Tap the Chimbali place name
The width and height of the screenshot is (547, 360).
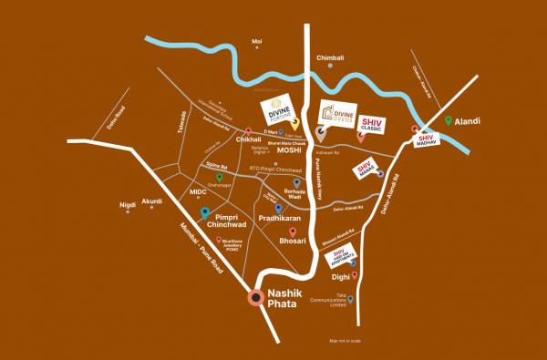pos(330,57)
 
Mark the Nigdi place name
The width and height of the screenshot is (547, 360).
pos(129,205)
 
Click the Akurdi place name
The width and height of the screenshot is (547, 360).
pos(151,201)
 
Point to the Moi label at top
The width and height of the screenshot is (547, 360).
pos(256,42)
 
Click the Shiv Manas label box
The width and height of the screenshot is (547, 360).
pos(366,169)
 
